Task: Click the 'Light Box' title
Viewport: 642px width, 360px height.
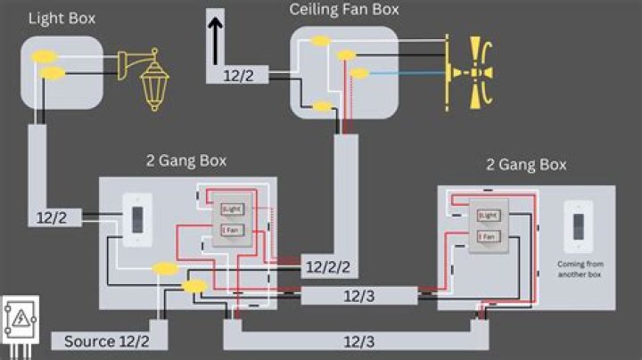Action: click(x=62, y=18)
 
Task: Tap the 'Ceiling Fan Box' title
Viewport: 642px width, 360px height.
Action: click(x=344, y=10)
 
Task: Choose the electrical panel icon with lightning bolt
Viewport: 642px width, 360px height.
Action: click(x=19, y=318)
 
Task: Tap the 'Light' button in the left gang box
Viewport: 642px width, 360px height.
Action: click(x=231, y=209)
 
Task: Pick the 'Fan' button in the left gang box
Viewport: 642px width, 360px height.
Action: click(x=231, y=232)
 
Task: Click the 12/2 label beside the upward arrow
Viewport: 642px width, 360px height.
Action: click(x=238, y=76)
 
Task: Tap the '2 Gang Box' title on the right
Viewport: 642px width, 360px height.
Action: click(x=526, y=165)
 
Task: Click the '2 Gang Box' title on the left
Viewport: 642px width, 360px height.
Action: click(x=185, y=160)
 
